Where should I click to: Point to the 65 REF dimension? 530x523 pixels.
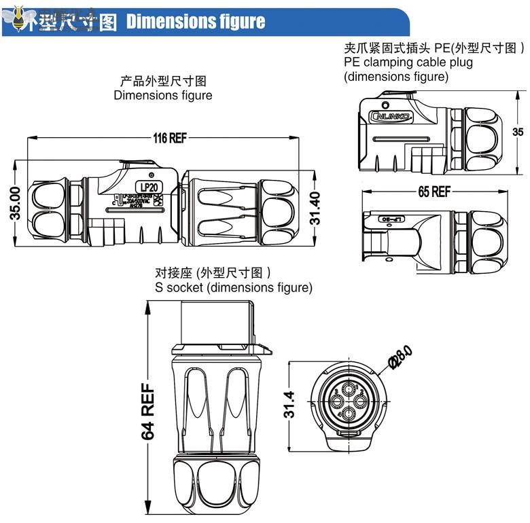pos(434,192)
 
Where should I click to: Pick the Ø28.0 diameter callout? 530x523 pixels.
pos(401,357)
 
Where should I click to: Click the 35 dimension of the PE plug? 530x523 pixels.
pos(518,132)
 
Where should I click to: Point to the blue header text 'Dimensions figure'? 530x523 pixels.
pos(196,22)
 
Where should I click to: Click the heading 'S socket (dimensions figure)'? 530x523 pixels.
pos(234,287)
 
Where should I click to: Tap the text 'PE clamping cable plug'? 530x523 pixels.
pos(408,62)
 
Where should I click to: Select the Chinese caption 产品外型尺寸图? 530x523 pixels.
pos(162,82)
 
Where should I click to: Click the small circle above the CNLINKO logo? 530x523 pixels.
pos(385,106)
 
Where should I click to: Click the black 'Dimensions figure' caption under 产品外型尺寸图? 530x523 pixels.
pos(162,96)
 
